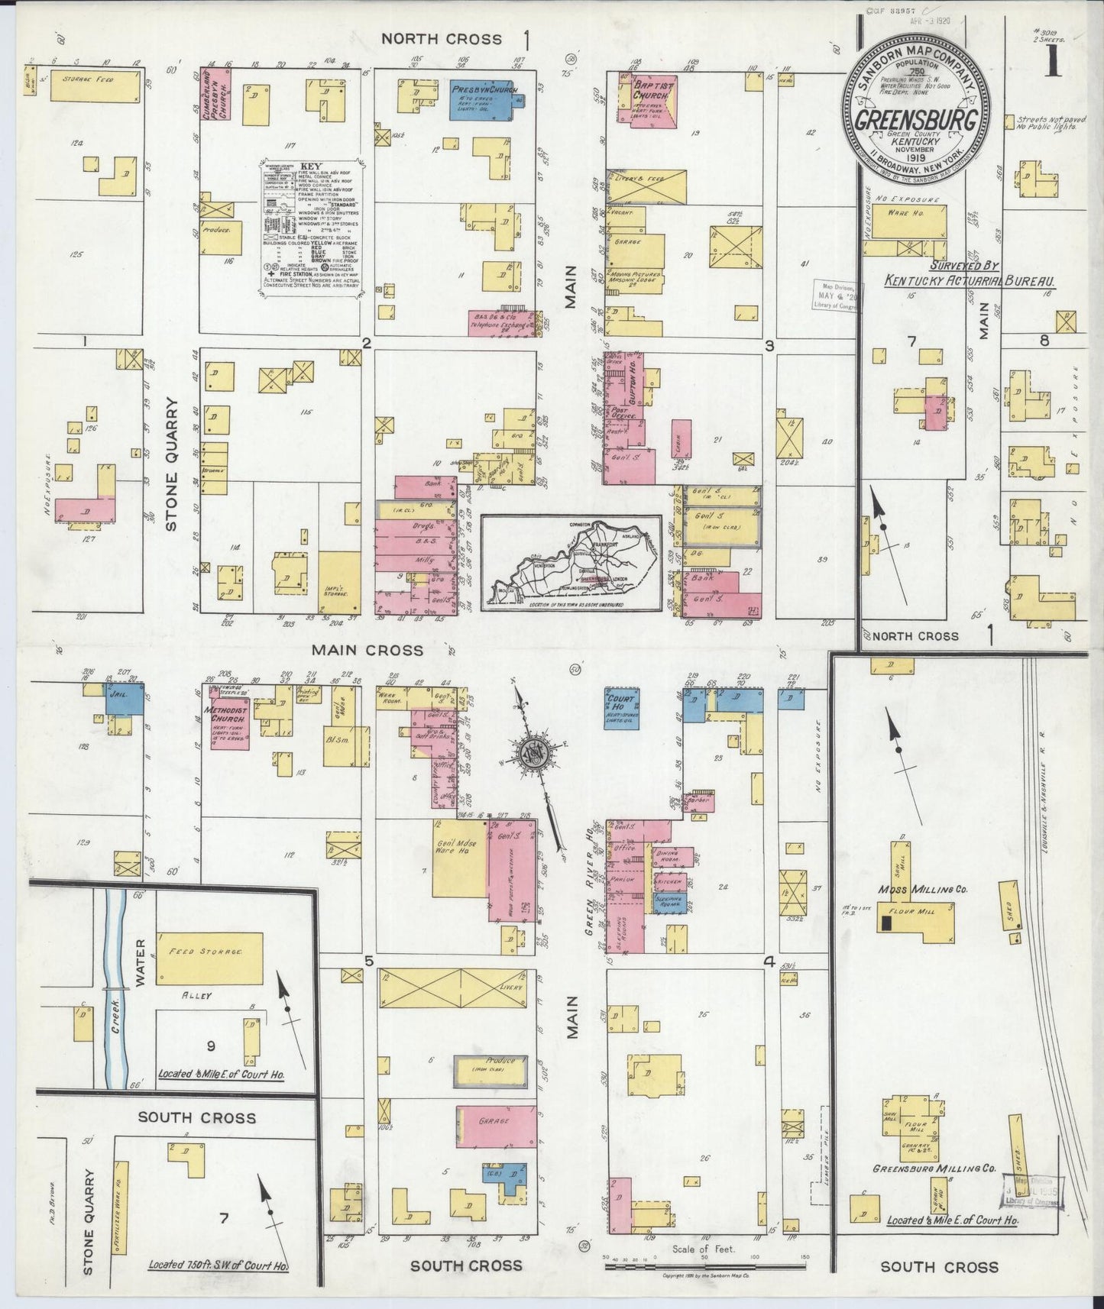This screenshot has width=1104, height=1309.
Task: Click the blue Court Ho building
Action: click(x=621, y=709)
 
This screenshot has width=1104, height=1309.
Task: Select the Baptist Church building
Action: click(x=651, y=101)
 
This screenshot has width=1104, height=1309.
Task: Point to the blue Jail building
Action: click(x=125, y=699)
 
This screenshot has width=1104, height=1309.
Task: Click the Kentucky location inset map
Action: click(x=571, y=562)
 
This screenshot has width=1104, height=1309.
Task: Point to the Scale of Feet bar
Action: click(x=703, y=1267)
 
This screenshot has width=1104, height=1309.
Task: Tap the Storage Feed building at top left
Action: click(x=96, y=87)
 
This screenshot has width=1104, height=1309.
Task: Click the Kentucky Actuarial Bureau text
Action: click(x=970, y=281)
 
